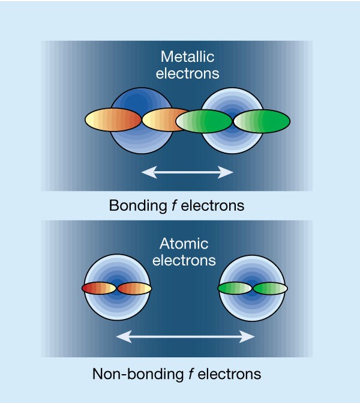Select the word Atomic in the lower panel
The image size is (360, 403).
(x=184, y=244)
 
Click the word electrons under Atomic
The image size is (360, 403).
(x=184, y=261)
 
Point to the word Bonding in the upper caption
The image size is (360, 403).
(x=132, y=206)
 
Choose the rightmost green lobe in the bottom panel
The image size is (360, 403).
(x=271, y=289)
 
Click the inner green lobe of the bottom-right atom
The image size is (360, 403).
(x=235, y=289)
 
